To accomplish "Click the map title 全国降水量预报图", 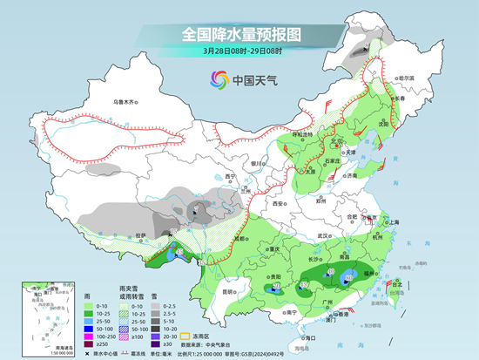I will click(x=240, y=34).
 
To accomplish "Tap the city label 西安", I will click(x=277, y=203).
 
